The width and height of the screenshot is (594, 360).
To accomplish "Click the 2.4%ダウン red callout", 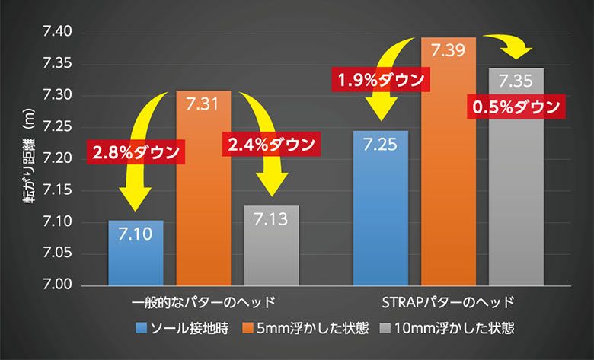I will (270, 144).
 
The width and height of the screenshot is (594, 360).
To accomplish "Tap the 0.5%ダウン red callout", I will (516, 107).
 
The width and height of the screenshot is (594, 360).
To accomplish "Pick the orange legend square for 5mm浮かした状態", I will (247, 329).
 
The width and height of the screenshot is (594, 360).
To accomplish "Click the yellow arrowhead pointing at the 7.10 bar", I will (135, 202).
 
